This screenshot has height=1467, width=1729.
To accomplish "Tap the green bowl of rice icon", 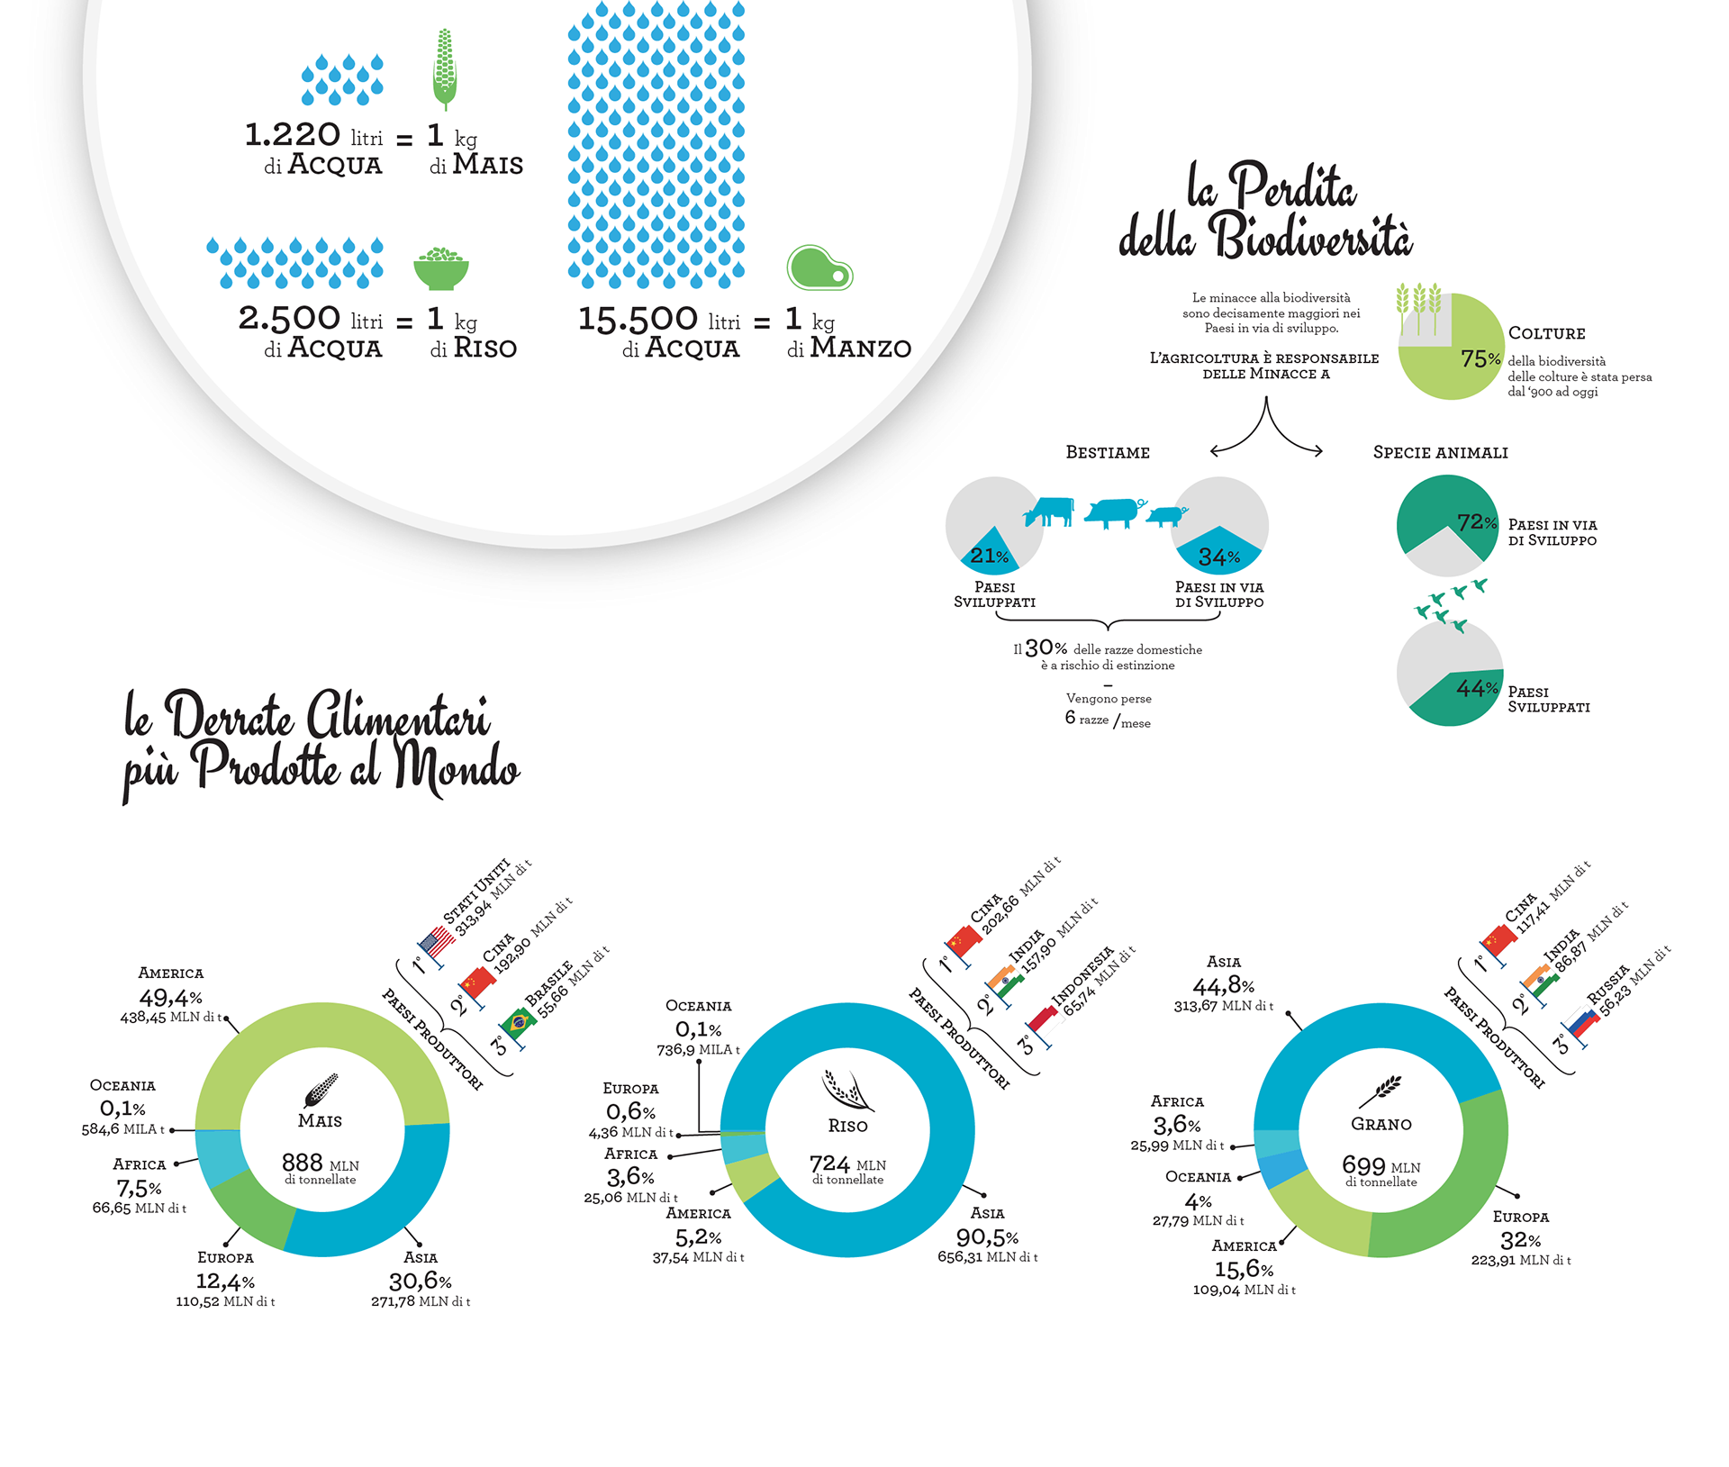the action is (441, 269).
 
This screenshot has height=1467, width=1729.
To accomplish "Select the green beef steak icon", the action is (819, 267).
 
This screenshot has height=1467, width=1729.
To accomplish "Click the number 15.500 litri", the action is (638, 319).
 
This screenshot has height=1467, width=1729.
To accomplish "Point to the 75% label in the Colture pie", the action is (1480, 358).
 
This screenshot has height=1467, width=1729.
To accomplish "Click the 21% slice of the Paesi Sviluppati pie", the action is (989, 555).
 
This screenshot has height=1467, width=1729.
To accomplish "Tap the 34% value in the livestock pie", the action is (1219, 557).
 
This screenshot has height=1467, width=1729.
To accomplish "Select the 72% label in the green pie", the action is (1477, 522).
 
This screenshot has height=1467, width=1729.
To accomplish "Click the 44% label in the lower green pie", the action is (1477, 689).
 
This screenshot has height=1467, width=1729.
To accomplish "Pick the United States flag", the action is (438, 942).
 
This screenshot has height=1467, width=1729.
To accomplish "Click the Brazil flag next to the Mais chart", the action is (519, 1023).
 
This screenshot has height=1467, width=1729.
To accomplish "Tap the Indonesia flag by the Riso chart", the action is (1045, 1022).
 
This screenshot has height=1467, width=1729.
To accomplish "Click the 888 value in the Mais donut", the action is (303, 1163).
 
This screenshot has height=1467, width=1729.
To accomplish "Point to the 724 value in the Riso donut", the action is (829, 1164).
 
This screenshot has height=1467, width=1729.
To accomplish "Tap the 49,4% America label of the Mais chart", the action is (170, 997).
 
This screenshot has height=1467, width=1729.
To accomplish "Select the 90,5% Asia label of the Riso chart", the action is (987, 1236).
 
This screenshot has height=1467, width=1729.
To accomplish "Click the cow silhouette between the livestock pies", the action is (1050, 511).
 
